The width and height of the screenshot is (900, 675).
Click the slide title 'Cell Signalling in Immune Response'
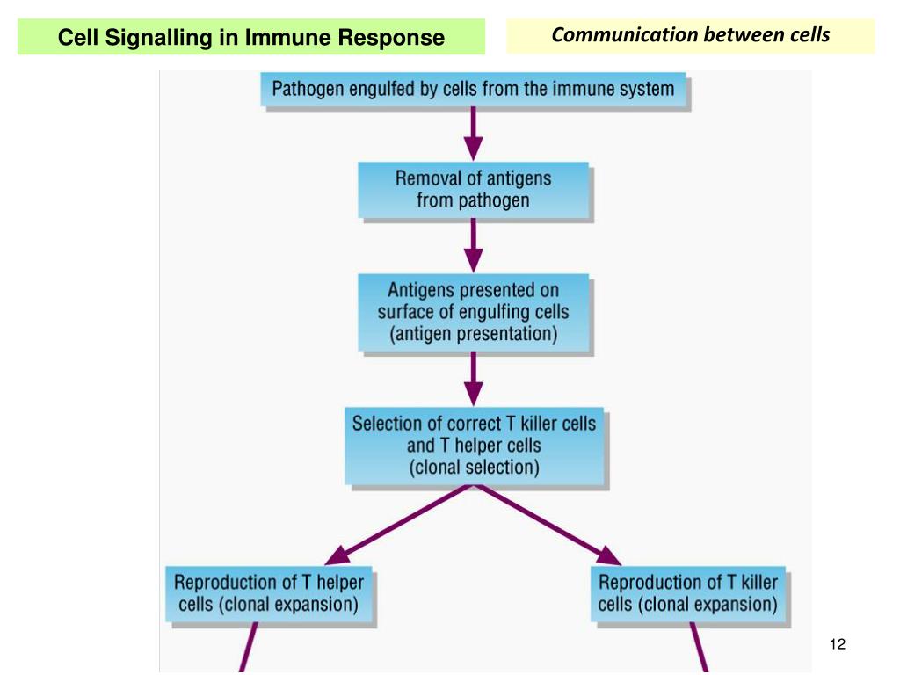point(250,37)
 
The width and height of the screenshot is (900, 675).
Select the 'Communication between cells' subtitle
point(691,34)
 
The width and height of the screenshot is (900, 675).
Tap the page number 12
point(838,644)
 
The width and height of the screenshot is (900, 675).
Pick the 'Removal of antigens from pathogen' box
point(473,190)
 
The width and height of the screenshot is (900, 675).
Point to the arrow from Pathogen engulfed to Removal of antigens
point(473,134)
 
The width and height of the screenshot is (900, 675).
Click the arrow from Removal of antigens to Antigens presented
point(473,246)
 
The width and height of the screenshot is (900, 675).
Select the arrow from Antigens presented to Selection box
point(473,379)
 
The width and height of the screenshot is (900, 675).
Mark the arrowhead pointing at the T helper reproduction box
point(337,555)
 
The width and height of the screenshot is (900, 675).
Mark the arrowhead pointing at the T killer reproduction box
point(608,555)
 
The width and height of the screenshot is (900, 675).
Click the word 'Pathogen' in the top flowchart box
point(308,90)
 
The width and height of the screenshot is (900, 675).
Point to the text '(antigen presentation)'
point(473,334)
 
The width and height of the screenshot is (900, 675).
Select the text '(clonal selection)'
point(474,468)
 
